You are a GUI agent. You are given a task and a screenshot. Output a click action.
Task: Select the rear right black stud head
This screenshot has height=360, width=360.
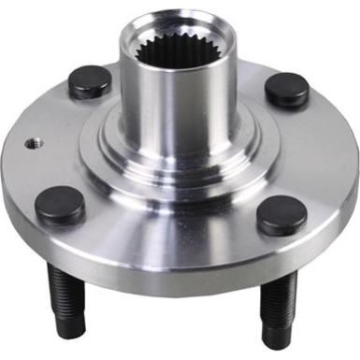(286, 89)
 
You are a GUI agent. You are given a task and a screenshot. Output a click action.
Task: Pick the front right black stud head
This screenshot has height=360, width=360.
(281, 216)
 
